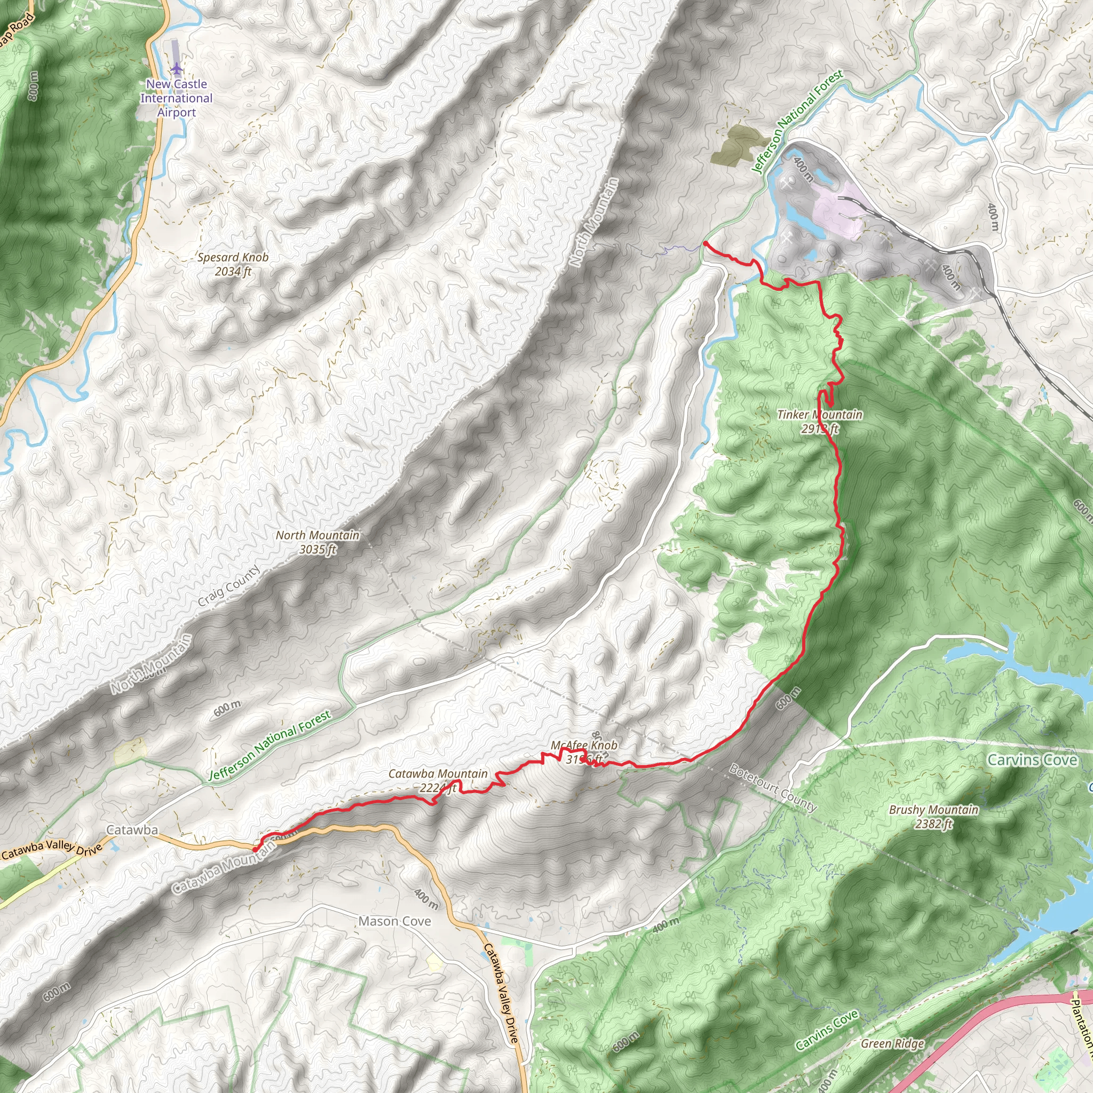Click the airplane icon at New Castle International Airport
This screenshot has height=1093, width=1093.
click(177, 69)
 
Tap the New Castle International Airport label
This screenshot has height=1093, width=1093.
click(177, 98)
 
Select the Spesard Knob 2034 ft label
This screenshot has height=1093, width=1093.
click(233, 264)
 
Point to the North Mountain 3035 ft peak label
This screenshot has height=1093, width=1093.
click(318, 542)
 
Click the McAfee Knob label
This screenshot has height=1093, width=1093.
click(584, 746)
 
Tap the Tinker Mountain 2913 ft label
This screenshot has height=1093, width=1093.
click(820, 422)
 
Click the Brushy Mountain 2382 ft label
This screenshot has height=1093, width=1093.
click(933, 817)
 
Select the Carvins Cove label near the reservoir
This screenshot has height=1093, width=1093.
click(1032, 761)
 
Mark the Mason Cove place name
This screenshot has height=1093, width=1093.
click(395, 922)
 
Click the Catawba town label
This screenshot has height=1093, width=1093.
click(132, 830)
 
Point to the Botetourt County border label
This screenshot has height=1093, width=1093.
click(773, 788)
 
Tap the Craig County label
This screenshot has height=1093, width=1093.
click(229, 586)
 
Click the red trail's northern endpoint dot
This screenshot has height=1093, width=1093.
click(706, 244)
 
